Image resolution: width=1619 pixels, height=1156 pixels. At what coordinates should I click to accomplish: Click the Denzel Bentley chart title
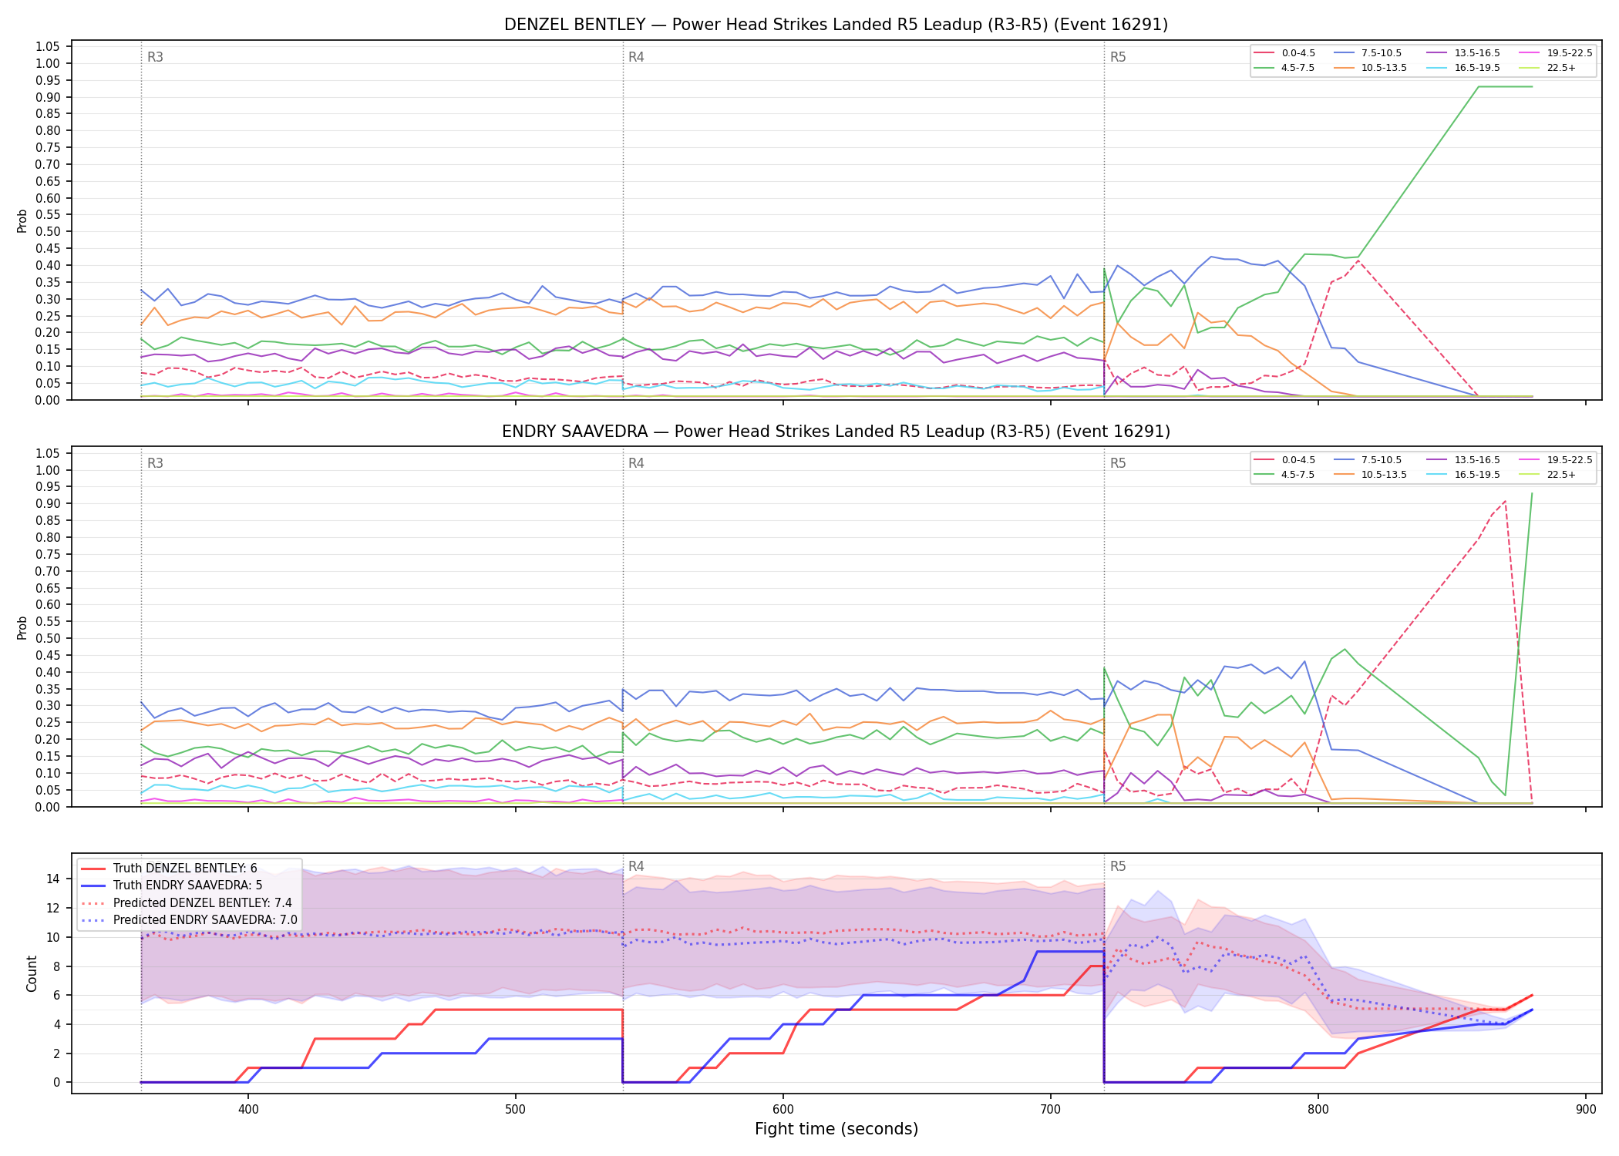tap(836, 25)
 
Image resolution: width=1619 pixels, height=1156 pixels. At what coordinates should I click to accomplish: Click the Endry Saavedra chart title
tap(836, 432)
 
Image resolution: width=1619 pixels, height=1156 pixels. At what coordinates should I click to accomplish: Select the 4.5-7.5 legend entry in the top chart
tap(1284, 68)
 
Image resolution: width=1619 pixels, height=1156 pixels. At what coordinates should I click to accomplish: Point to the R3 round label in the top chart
tap(155, 57)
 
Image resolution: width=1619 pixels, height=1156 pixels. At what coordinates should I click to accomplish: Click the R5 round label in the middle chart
tap(1118, 463)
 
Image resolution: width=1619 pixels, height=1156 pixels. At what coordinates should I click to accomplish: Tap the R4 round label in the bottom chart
tap(636, 866)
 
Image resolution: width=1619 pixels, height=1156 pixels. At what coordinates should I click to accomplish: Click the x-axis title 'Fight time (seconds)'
tap(836, 1129)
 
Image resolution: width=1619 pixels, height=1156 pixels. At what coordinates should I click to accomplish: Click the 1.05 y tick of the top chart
tap(48, 47)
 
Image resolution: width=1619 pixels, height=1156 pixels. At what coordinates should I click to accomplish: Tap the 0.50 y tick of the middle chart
tap(48, 638)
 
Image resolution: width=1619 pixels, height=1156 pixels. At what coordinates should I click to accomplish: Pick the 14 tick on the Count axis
tap(53, 879)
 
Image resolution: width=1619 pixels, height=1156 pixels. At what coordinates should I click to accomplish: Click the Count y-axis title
tap(32, 973)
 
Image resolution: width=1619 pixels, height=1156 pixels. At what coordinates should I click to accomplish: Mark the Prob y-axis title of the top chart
tap(22, 220)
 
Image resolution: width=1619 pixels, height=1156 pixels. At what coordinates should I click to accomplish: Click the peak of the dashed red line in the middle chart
tap(1505, 501)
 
